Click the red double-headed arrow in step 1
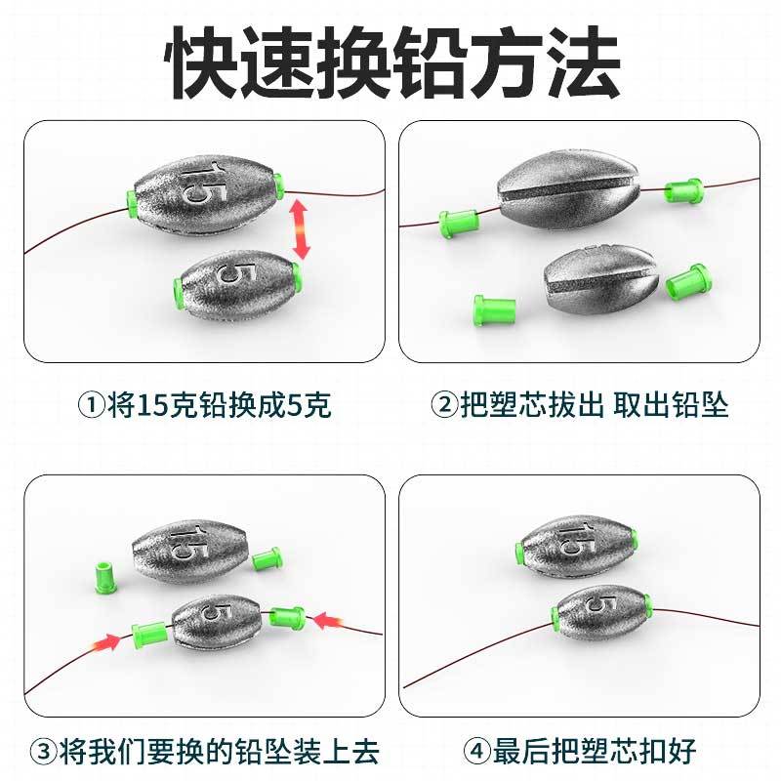pyautogui.click(x=300, y=229)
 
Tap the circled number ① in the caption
pyautogui.click(x=92, y=404)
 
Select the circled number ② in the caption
pyautogui.click(x=444, y=404)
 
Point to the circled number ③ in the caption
pyautogui.click(x=43, y=751)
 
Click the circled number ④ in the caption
pyautogui.click(x=476, y=751)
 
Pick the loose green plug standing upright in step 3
pyautogui.click(x=106, y=577)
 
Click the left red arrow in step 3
pyautogui.click(x=106, y=642)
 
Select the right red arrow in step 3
pyautogui.click(x=328, y=621)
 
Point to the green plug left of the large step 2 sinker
pyautogui.click(x=459, y=224)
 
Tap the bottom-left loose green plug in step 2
pyautogui.click(x=494, y=310)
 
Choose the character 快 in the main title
pyautogui.click(x=202, y=62)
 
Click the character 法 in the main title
pyautogui.click(x=583, y=62)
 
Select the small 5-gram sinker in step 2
pyautogui.click(x=598, y=279)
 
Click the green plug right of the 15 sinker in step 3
pyautogui.click(x=267, y=558)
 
